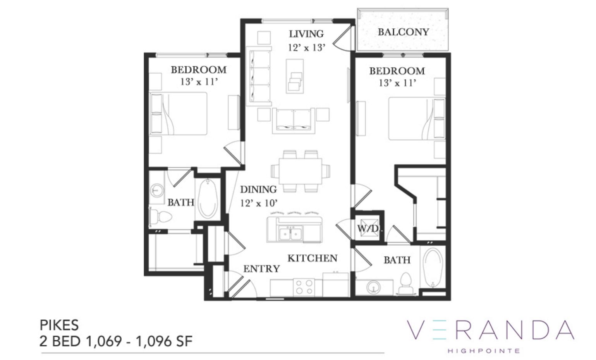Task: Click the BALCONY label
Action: click(404, 32)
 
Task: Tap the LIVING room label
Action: click(306, 34)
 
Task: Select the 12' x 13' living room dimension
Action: click(306, 48)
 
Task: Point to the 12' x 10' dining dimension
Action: click(259, 203)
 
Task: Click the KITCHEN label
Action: click(313, 258)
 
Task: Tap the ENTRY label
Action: click(261, 269)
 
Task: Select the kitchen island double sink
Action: click(290, 234)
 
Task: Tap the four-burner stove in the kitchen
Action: click(304, 287)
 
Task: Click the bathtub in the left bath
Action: click(208, 199)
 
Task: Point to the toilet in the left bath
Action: click(160, 217)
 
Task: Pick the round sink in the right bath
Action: click(373, 287)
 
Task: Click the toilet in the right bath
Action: click(405, 284)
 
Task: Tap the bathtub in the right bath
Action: click(433, 268)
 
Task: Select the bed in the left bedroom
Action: click(178, 114)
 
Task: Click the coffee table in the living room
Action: click(295, 76)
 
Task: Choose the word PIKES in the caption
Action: click(59, 325)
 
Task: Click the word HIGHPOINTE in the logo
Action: click(484, 351)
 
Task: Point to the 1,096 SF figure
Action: click(164, 341)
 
